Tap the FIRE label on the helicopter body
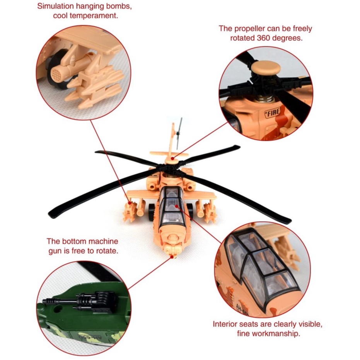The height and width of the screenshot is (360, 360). tap(272, 113)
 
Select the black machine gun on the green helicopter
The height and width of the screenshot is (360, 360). tap(80, 301)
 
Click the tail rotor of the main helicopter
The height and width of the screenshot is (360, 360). tap(179, 133)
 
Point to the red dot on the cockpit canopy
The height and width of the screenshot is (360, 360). tap(177, 206)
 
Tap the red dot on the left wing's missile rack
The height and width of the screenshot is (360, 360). tap(130, 203)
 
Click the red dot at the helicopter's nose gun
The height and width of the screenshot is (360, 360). tap(172, 256)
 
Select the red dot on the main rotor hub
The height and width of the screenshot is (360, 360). tap(172, 158)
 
